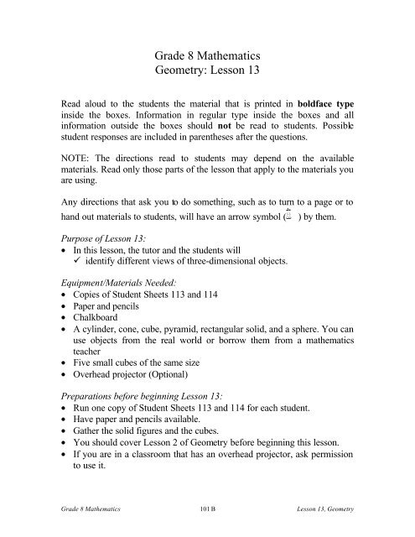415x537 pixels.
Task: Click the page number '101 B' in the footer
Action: pyautogui.click(x=207, y=520)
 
